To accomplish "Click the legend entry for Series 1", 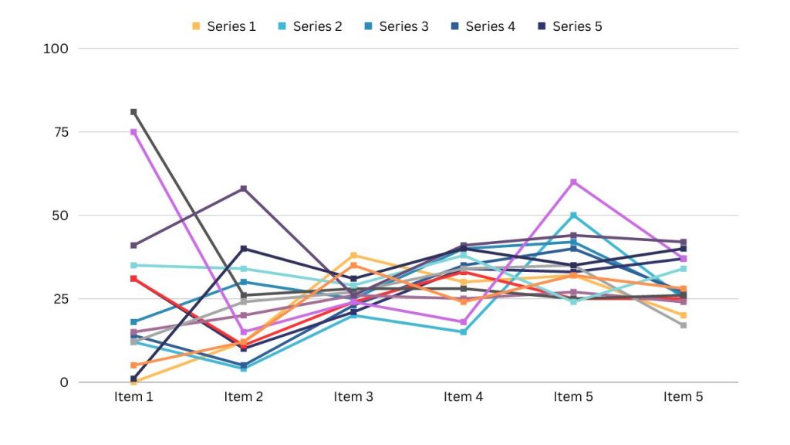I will [x=224, y=26].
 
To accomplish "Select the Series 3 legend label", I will [x=396, y=26].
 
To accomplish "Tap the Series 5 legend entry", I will [x=569, y=26].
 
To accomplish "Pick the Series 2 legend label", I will [x=309, y=26].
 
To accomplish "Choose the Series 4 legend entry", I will [x=482, y=26].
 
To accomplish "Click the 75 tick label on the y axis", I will [x=62, y=132].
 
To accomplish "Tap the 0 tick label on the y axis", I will [x=65, y=382].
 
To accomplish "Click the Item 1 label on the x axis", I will [x=133, y=397].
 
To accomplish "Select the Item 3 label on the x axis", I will [x=353, y=397].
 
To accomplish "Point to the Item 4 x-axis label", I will [x=464, y=397].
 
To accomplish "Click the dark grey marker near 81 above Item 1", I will [x=133, y=112].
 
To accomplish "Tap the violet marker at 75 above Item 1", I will [x=133, y=132].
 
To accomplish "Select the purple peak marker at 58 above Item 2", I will [x=244, y=189].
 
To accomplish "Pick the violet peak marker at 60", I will [x=573, y=182].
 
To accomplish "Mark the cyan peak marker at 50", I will [x=573, y=216].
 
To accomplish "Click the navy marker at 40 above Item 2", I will [x=244, y=249].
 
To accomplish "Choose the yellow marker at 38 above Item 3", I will [x=353, y=256].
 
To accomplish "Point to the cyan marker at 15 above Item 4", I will [x=464, y=332].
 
